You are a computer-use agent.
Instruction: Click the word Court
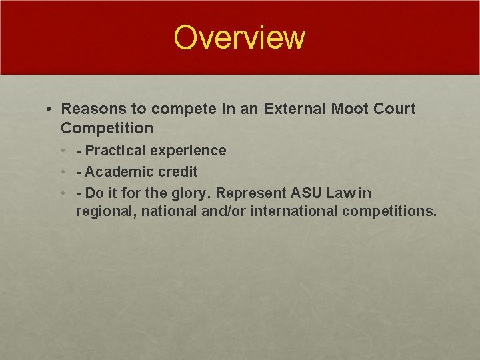click(x=397, y=109)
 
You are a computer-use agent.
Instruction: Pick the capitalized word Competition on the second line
click(x=107, y=127)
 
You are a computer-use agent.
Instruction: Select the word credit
click(x=178, y=172)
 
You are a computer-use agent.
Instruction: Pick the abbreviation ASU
click(x=307, y=193)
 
